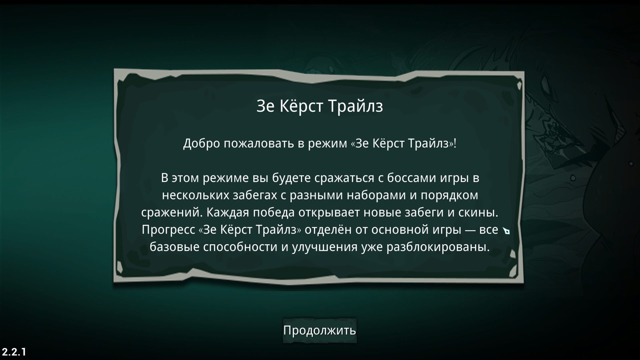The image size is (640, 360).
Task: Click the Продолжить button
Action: click(x=320, y=330)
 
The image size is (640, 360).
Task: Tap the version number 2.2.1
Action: click(x=14, y=352)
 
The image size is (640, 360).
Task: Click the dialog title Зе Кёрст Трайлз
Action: click(x=320, y=106)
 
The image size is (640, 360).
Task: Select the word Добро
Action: click(x=202, y=144)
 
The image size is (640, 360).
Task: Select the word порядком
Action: click(x=449, y=195)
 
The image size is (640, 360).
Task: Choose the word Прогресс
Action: click(x=168, y=230)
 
